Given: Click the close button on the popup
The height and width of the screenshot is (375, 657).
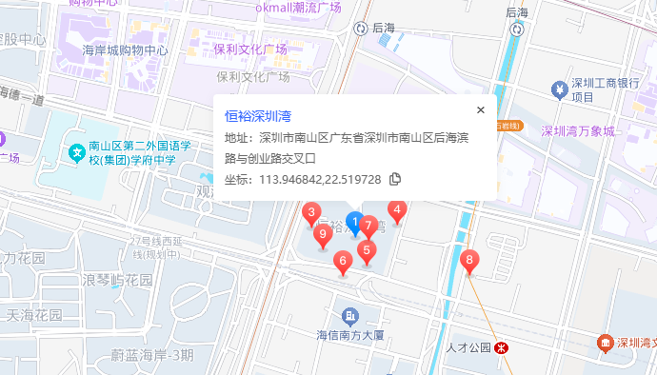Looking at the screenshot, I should coord(481,109).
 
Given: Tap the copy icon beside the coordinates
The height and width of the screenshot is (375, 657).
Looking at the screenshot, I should coord(394,179).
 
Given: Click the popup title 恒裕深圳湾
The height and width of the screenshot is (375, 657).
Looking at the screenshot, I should coord(258,116).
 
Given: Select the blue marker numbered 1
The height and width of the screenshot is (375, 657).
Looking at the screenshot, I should coord(354,224).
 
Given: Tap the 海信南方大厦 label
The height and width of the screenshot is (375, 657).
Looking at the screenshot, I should coord(349,335).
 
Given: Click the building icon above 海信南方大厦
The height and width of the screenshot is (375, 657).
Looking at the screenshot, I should coord(350,315).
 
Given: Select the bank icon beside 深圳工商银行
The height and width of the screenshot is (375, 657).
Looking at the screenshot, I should coord(560,89).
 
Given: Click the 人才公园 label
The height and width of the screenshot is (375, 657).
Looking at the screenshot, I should coord(467,347).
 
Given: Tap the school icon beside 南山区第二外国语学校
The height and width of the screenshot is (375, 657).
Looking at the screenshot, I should coord(75,150).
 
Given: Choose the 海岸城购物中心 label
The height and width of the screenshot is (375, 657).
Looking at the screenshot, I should coord(126,49).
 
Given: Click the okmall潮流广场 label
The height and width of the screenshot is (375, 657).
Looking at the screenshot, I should coord(298,8).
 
